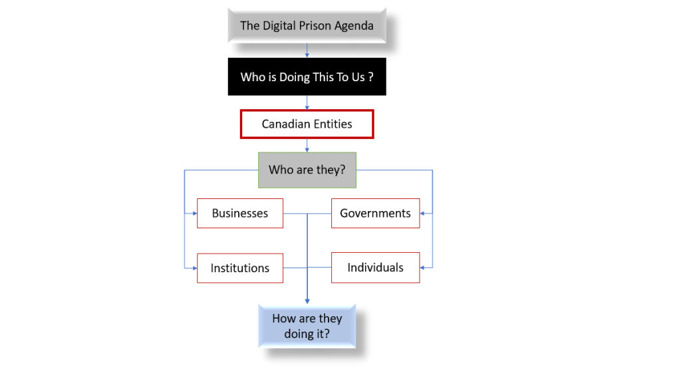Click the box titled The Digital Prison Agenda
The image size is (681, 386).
pyautogui.click(x=307, y=26)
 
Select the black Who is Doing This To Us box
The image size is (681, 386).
pyautogui.click(x=307, y=77)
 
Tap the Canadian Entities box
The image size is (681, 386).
pyautogui.click(x=307, y=124)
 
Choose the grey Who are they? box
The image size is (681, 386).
pyautogui.click(x=307, y=170)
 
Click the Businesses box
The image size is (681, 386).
pyautogui.click(x=240, y=214)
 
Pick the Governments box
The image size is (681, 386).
pyautogui.click(x=375, y=214)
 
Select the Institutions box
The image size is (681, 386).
pyautogui.click(x=240, y=268)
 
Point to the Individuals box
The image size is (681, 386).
pyautogui.click(x=375, y=268)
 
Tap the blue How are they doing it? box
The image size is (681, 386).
pyautogui.click(x=307, y=326)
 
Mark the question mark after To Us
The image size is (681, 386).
pyautogui.click(x=370, y=77)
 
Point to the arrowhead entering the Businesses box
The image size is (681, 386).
pyautogui.click(x=194, y=214)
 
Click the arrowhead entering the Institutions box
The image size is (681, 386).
pyautogui.click(x=194, y=268)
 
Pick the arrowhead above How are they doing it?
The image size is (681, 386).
pyautogui.click(x=307, y=301)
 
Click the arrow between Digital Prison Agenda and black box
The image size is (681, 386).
pyautogui.click(x=307, y=51)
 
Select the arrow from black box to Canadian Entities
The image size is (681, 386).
pyautogui.click(x=307, y=103)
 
